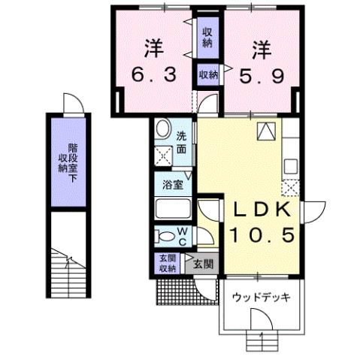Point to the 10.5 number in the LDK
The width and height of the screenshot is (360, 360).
[x=256, y=235]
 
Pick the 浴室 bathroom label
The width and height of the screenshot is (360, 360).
[x=170, y=183]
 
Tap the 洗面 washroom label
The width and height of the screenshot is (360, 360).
[x=183, y=142]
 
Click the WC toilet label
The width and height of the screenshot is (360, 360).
[x=183, y=235]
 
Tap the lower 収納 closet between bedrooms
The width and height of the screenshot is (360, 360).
[x=208, y=74]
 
